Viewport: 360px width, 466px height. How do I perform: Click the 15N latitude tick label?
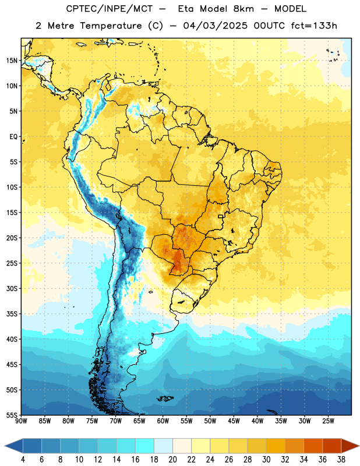coord(12,61)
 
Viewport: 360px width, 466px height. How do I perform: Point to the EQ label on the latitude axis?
coord(13,137)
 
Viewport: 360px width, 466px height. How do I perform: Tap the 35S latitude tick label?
coord(12,314)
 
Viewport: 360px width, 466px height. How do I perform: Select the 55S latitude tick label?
coord(12,415)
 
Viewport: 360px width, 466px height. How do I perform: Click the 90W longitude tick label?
coord(21,421)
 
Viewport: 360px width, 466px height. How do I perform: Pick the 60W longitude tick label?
coord(163,421)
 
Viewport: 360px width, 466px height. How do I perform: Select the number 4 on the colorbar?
coord(23,460)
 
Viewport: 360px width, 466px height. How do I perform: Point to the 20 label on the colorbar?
coord(172,460)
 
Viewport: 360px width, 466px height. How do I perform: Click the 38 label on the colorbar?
coord(341,460)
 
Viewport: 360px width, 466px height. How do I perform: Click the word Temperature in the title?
coord(111,26)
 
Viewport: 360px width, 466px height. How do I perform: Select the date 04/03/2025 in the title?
coord(215,26)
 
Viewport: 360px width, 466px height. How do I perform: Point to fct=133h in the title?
coord(313,26)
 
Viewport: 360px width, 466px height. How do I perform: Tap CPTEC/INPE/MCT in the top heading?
coord(109,9)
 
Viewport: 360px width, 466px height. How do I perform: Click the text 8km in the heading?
coord(243,9)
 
